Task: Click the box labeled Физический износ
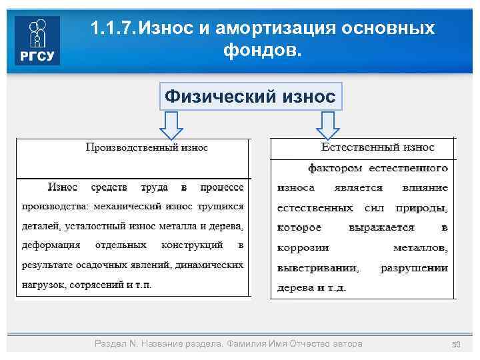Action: pyautogui.click(x=250, y=96)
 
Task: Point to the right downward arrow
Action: pyautogui.click(x=327, y=124)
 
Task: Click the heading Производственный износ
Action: pyautogui.click(x=147, y=147)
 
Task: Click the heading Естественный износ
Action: pyautogui.click(x=377, y=147)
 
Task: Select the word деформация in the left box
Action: pyautogui.click(x=51, y=245)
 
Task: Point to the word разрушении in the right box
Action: pyautogui.click(x=413, y=268)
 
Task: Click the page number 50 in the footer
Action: pyautogui.click(x=457, y=344)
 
